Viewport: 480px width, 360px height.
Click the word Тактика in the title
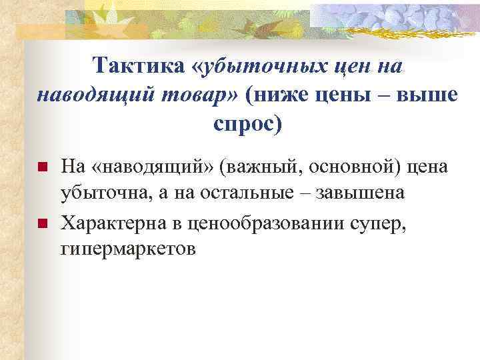click(x=137, y=66)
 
